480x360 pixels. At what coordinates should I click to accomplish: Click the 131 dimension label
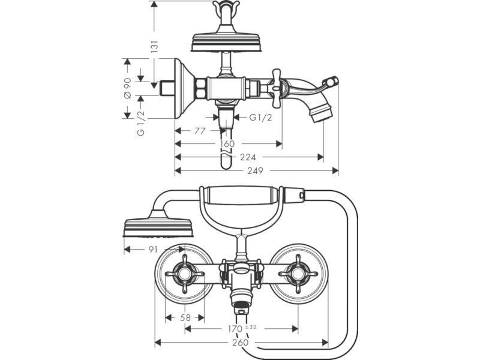pyautogui.click(x=155, y=46)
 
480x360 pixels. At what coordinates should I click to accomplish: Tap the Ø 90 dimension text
pyautogui.click(x=128, y=88)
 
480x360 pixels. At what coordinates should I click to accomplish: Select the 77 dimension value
pyautogui.click(x=200, y=131)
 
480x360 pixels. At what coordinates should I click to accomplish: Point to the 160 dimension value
pyautogui.click(x=227, y=143)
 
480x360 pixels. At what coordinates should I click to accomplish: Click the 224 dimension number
pyautogui.click(x=248, y=157)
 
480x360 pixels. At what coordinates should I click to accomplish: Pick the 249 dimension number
pyautogui.click(x=256, y=170)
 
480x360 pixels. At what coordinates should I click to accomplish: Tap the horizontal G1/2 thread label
pyautogui.click(x=260, y=117)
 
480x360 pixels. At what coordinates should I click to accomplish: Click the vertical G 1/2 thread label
pyautogui.click(x=141, y=123)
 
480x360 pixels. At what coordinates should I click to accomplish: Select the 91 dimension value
pyautogui.click(x=153, y=250)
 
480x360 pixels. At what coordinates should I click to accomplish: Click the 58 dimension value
pyautogui.click(x=185, y=318)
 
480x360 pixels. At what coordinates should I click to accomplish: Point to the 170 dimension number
pyautogui.click(x=235, y=329)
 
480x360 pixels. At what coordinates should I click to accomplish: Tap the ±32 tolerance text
pyautogui.click(x=251, y=327)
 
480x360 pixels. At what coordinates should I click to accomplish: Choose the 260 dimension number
pyautogui.click(x=241, y=342)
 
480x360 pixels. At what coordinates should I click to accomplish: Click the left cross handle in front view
pyautogui.click(x=185, y=274)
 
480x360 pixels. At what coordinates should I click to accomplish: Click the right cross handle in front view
pyautogui.click(x=298, y=274)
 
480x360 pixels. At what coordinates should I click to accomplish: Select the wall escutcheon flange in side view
pyautogui.click(x=183, y=88)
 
